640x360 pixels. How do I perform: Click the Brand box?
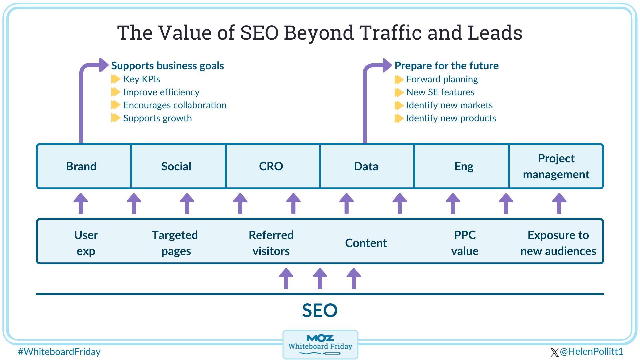click(x=84, y=166)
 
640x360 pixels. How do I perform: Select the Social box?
click(x=178, y=166)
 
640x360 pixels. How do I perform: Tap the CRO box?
click(x=273, y=166)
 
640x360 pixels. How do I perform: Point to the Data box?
click(x=367, y=166)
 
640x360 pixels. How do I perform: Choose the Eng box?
click(x=461, y=166)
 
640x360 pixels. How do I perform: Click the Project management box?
click(x=556, y=166)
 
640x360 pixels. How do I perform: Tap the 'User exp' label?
click(x=86, y=243)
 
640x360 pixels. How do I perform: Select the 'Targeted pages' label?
click(x=175, y=243)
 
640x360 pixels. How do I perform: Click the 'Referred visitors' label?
click(x=271, y=243)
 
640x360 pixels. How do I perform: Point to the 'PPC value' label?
click(x=465, y=243)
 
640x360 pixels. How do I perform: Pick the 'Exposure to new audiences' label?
click(x=558, y=243)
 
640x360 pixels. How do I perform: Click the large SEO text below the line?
click(x=320, y=310)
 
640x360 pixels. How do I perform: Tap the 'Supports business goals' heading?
click(x=167, y=66)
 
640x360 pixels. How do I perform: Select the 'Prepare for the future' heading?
click(x=447, y=66)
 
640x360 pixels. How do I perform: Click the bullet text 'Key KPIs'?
click(x=142, y=79)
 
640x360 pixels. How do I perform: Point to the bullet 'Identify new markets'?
click(x=449, y=105)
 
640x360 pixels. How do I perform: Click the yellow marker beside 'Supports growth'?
click(x=116, y=118)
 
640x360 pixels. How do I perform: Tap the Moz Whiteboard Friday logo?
click(x=320, y=345)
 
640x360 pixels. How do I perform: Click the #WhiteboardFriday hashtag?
click(x=59, y=352)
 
